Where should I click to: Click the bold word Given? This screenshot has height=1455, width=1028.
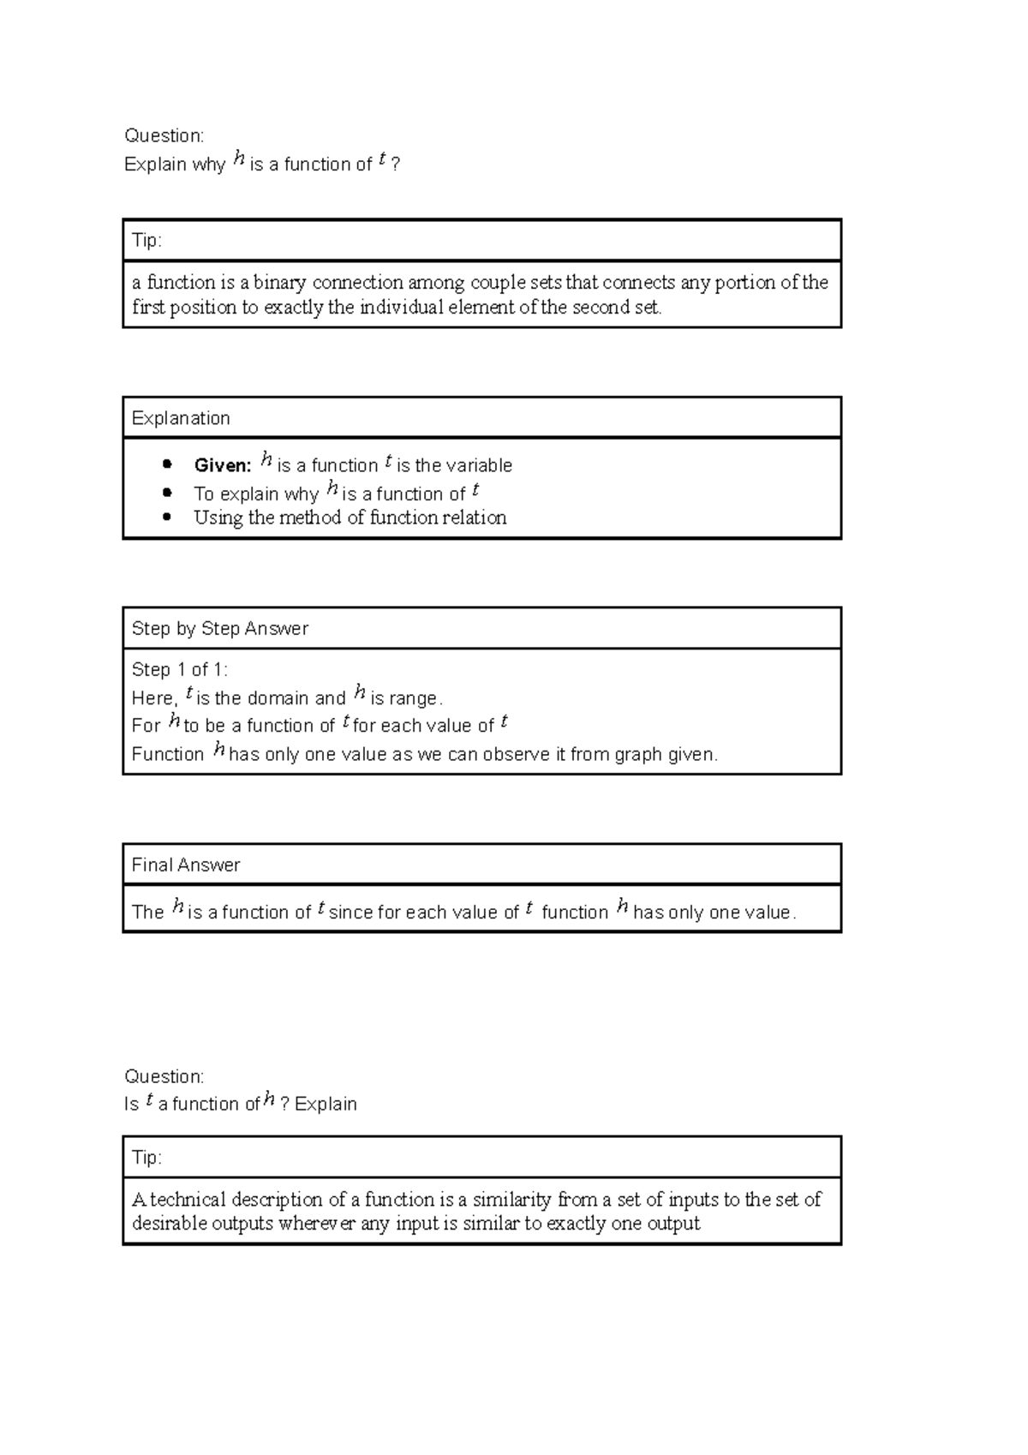coord(222,465)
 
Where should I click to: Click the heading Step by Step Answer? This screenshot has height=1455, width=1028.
coord(219,628)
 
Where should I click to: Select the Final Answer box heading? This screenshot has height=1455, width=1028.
coord(185,865)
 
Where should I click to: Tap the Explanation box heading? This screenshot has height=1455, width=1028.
coord(181,418)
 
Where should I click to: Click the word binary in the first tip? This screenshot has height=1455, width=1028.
coord(279,283)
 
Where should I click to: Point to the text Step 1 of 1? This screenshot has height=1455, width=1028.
coord(179,669)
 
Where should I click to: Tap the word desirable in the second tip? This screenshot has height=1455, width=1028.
coord(169,1224)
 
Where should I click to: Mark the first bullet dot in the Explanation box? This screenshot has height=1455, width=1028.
coord(167,464)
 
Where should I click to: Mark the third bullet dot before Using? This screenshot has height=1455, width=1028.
coord(167,517)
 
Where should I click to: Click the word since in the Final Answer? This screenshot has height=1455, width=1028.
coord(350,913)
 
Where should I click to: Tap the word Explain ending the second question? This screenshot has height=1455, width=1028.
coord(326,1104)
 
